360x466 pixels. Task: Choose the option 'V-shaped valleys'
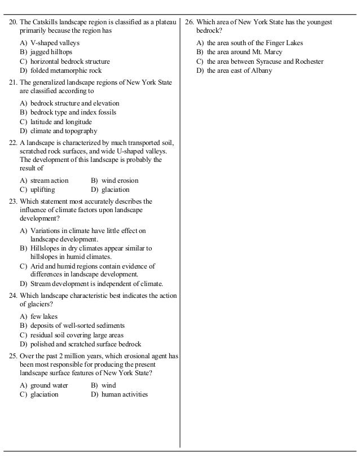(x=55, y=43)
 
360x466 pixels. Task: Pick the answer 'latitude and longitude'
(x=61, y=122)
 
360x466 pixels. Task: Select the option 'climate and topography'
(x=63, y=131)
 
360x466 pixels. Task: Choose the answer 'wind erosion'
(x=120, y=181)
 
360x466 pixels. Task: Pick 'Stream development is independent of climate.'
(x=96, y=283)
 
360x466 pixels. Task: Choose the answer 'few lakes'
(x=44, y=316)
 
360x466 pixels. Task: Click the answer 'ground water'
(x=49, y=385)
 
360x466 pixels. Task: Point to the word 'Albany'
(x=261, y=71)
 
